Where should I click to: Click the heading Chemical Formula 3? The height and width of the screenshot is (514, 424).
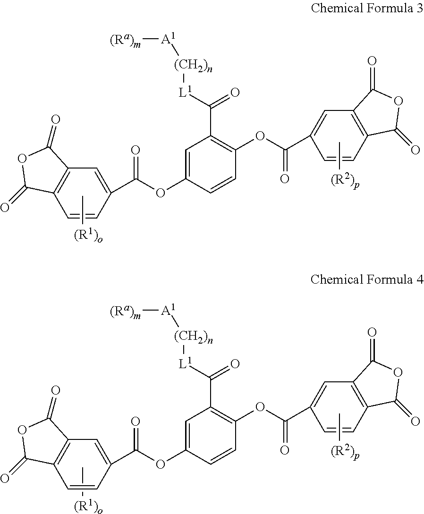[x=366, y=10]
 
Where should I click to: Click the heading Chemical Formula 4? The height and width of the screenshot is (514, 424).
[x=366, y=279]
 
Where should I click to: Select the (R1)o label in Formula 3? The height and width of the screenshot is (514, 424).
[x=88, y=236]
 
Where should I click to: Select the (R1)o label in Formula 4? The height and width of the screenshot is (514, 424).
[x=88, y=506]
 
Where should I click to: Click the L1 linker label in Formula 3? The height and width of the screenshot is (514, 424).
[x=184, y=93]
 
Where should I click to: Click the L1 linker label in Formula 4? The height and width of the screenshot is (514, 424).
[x=184, y=363]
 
